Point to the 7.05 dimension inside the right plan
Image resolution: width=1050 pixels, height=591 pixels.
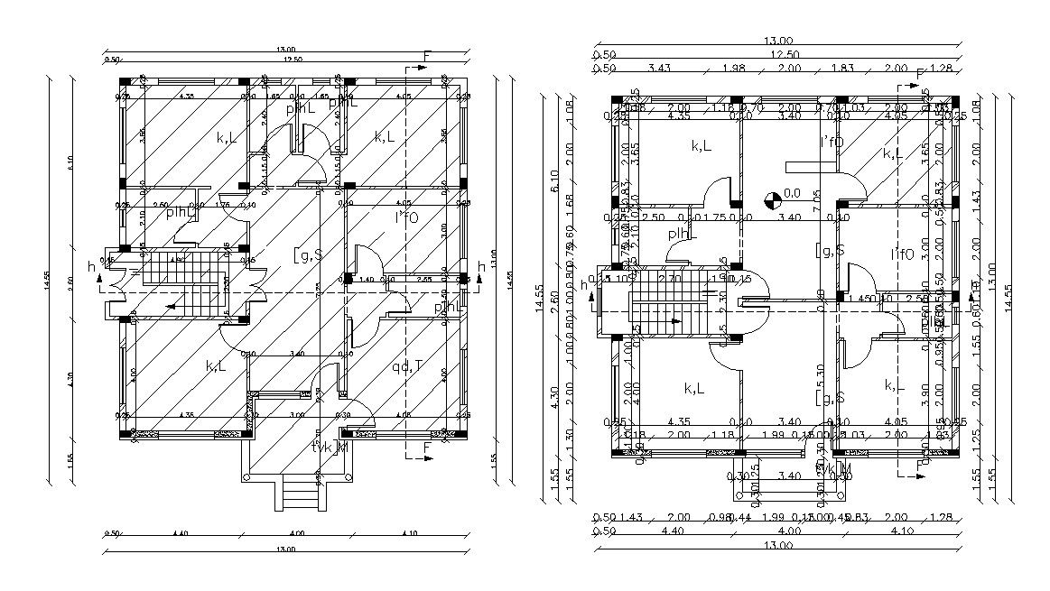(816, 194)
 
